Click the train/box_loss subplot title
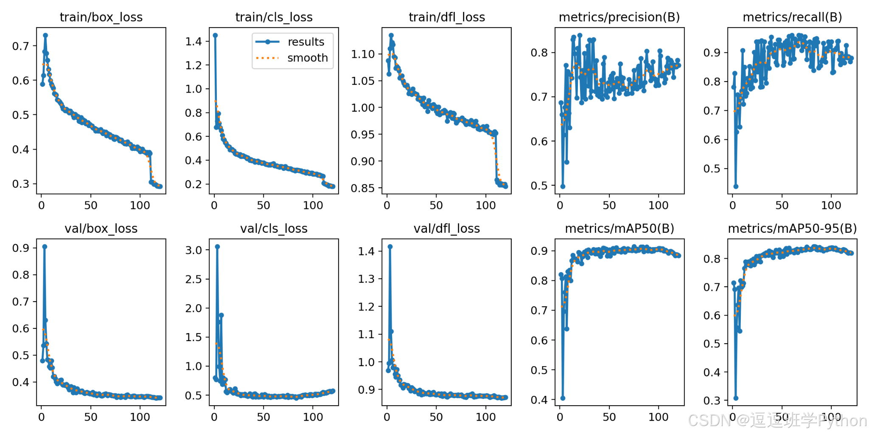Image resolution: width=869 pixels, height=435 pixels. tap(101, 17)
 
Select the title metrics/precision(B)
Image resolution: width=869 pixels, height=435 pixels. tap(619, 17)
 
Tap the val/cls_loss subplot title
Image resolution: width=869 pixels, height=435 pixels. tap(274, 229)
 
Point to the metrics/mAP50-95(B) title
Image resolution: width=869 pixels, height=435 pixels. tap(792, 229)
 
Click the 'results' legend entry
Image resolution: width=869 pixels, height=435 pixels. tap(306, 42)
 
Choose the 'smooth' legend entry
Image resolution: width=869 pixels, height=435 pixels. tap(308, 58)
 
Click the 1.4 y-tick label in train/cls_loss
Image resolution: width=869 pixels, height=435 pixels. tap(193, 42)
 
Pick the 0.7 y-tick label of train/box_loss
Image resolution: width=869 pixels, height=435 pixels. tap(21, 46)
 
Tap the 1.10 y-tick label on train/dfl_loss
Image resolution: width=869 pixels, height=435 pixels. tap(363, 54)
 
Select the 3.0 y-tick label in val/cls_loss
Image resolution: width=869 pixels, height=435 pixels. tap(193, 250)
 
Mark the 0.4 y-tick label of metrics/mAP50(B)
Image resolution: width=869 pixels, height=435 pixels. tap(539, 400)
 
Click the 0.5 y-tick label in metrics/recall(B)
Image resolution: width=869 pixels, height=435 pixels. tap(712, 169)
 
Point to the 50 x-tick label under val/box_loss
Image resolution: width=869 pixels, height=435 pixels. tap(91, 417)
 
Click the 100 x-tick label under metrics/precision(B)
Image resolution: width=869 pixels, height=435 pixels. tap(658, 206)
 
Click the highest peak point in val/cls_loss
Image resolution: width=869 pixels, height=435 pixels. tap(217, 246)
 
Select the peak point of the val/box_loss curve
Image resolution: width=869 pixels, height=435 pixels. tap(45, 246)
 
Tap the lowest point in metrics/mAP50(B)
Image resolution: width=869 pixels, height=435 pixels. tap(563, 398)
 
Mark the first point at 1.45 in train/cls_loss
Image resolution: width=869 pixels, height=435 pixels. tap(215, 35)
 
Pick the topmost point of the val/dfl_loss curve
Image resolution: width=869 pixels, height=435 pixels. tap(390, 246)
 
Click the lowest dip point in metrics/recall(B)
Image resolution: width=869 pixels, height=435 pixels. tap(736, 186)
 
